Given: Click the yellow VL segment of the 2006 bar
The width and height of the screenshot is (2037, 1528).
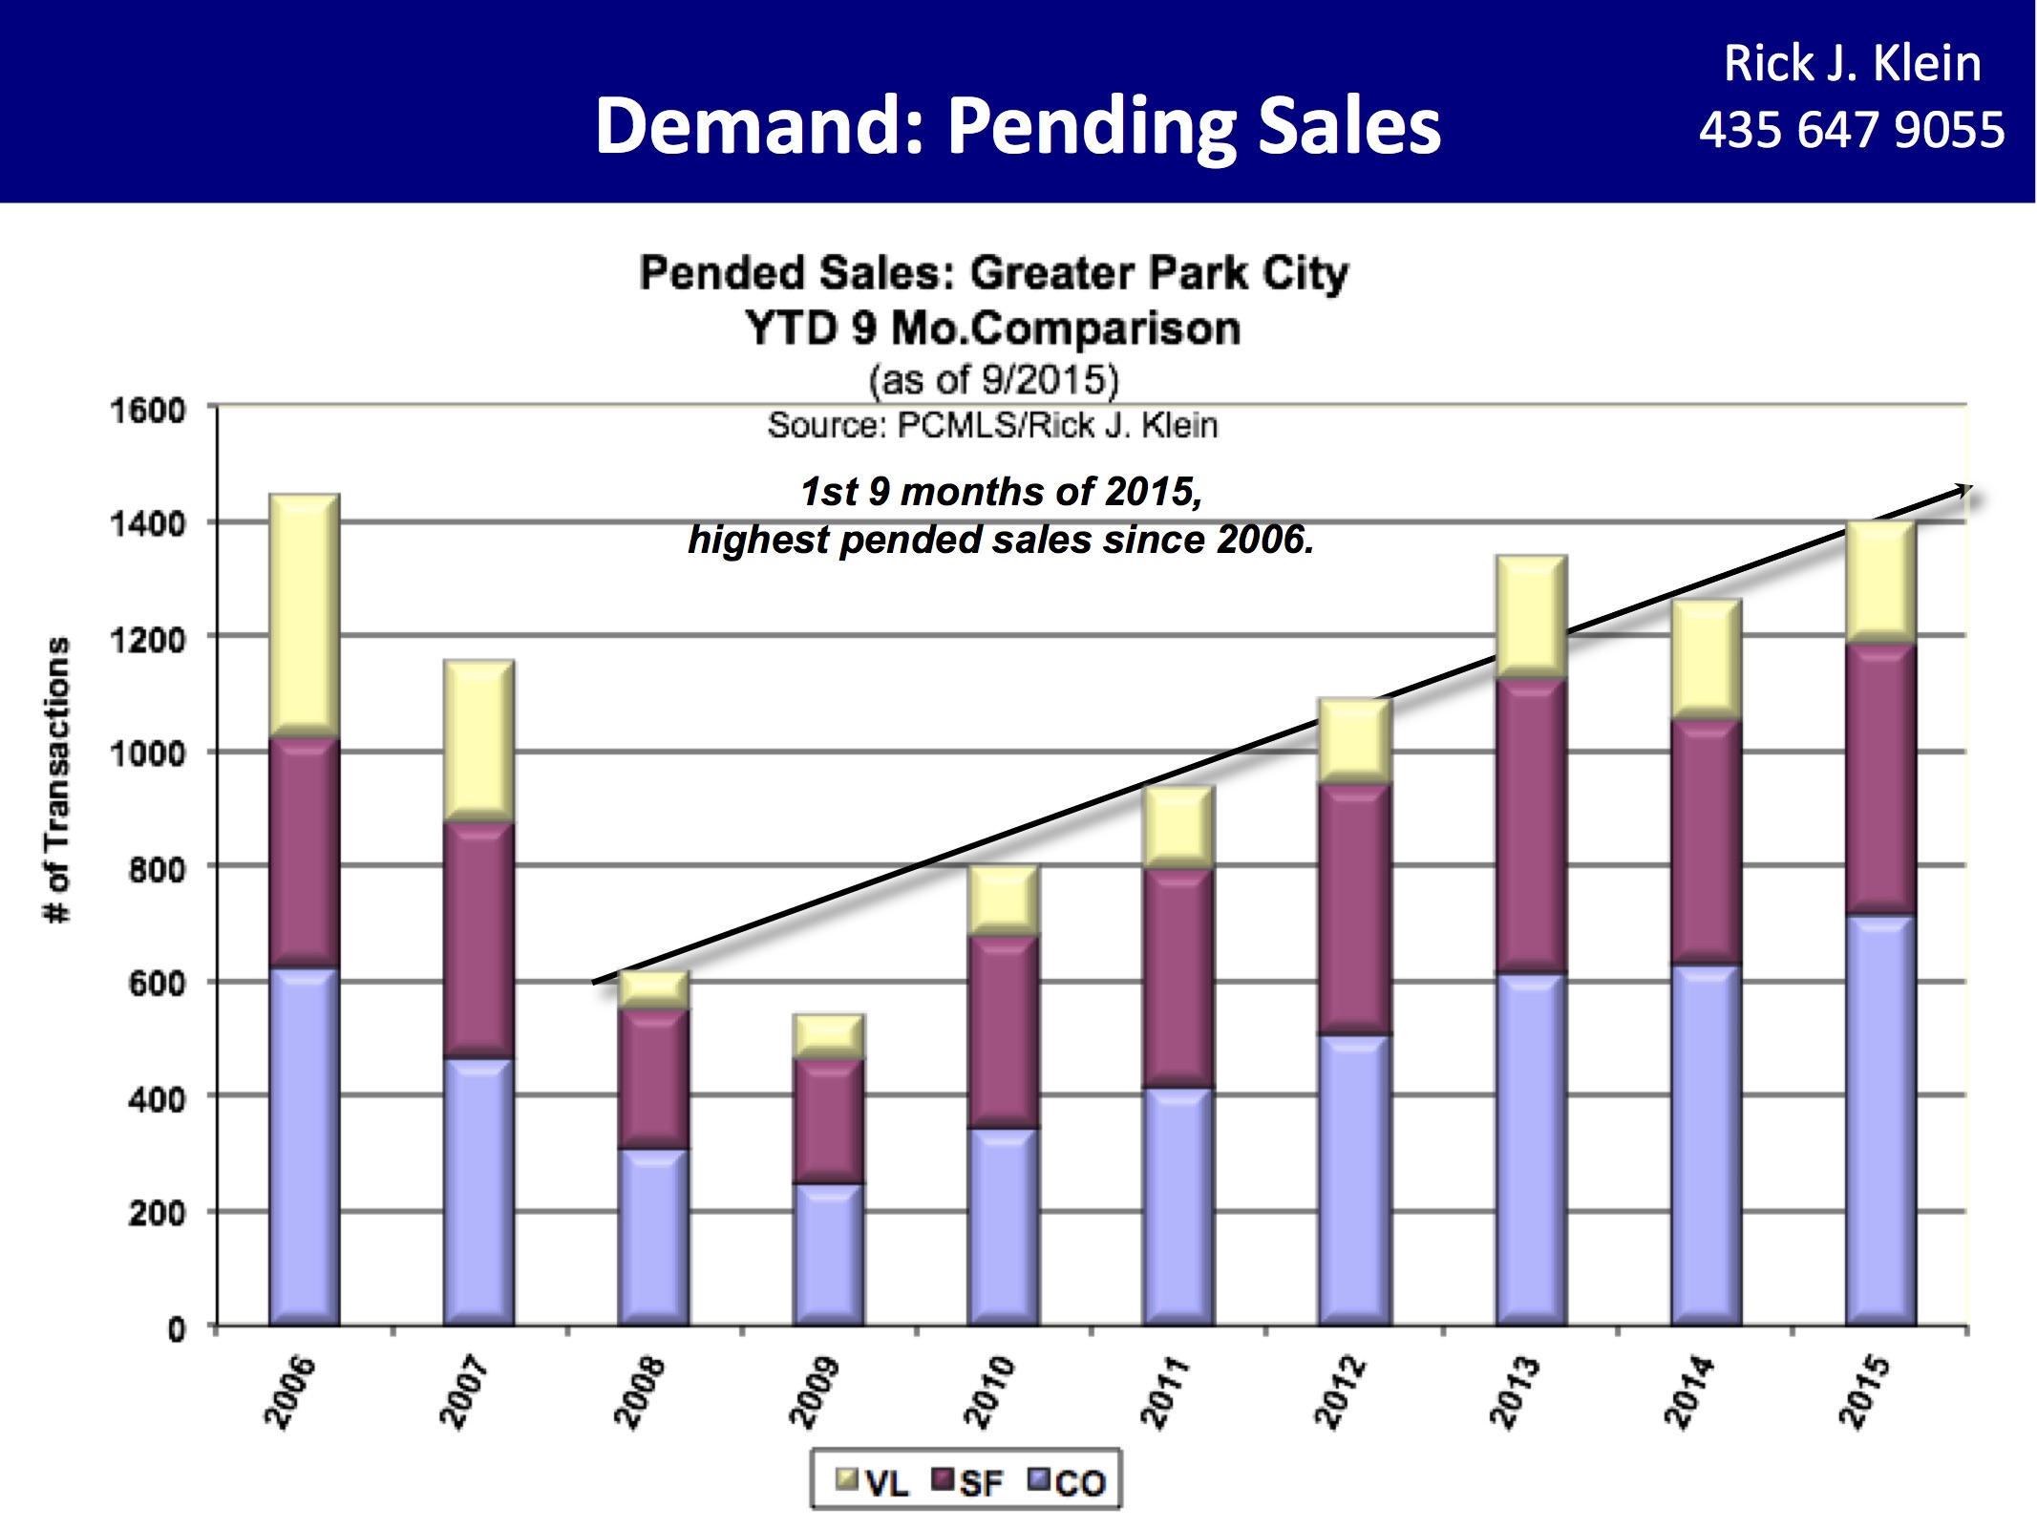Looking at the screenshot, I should pyautogui.click(x=304, y=616).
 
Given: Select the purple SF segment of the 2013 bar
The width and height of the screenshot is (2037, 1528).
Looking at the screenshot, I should pyautogui.click(x=1531, y=826).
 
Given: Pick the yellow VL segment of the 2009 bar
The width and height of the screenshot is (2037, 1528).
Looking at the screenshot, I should pyautogui.click(x=829, y=1036).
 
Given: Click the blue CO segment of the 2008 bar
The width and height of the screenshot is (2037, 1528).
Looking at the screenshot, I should pyautogui.click(x=653, y=1237).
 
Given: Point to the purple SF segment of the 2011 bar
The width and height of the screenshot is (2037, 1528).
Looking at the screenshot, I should pyautogui.click(x=1179, y=979).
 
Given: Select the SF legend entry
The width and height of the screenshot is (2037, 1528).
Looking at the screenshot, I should pyautogui.click(x=968, y=1482).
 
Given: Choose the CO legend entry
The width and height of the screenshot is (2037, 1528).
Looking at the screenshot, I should pyautogui.click(x=1067, y=1482).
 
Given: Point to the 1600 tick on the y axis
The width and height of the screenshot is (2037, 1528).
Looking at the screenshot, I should pyautogui.click(x=148, y=411).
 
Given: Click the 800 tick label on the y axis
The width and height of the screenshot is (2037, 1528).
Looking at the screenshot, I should pyautogui.click(x=157, y=869).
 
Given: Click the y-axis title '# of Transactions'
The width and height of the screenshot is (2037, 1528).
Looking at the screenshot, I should pyautogui.click(x=58, y=779).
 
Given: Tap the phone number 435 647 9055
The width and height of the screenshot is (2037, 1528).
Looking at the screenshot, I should pyautogui.click(x=1851, y=130).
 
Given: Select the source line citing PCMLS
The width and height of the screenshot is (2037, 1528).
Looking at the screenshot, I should pyautogui.click(x=992, y=425).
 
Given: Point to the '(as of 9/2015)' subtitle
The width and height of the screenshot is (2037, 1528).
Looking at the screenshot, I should pyautogui.click(x=993, y=380).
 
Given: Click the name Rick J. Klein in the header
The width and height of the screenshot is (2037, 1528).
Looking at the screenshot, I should pyautogui.click(x=1852, y=64).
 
